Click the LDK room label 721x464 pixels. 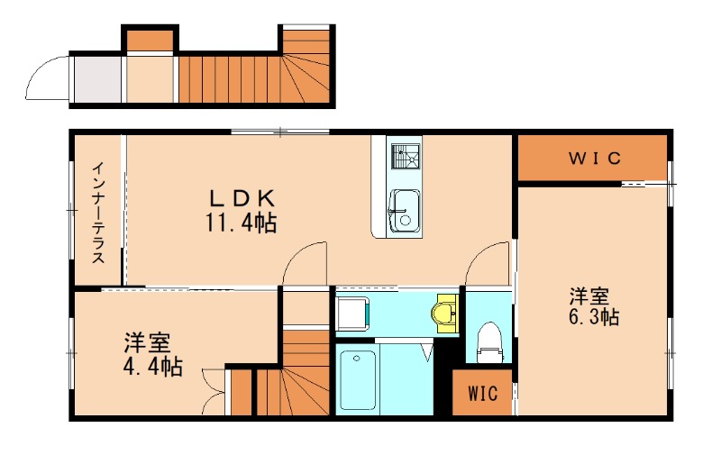tap(242, 198)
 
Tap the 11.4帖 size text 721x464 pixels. tap(241, 223)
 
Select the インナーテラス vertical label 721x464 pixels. tap(98, 213)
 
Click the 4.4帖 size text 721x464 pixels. tap(152, 367)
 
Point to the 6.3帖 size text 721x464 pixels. tap(594, 317)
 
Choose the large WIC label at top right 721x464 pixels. tap(595, 159)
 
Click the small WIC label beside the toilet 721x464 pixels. tap(482, 393)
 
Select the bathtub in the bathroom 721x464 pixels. tap(358, 380)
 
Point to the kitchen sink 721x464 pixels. tap(405, 211)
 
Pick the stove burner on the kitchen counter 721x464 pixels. tap(405, 158)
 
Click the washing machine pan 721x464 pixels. tap(352, 314)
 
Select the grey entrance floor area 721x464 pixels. tap(97, 79)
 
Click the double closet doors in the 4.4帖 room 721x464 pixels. tap(214, 391)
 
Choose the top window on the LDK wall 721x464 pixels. tap(280, 132)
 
